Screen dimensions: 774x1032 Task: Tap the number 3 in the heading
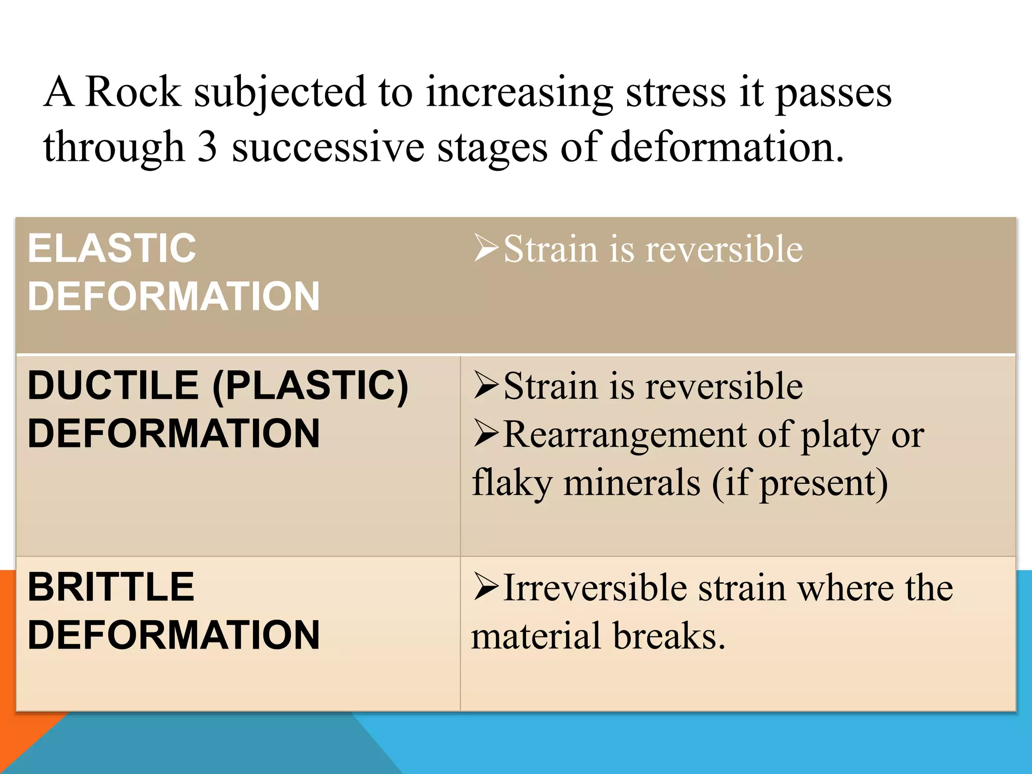tap(207, 147)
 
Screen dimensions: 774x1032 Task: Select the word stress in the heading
tap(676, 93)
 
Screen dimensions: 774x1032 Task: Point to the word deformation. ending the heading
tap(726, 147)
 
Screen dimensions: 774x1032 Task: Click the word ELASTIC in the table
tap(112, 248)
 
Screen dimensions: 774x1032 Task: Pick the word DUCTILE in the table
tap(113, 385)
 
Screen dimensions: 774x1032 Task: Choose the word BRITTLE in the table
tap(111, 587)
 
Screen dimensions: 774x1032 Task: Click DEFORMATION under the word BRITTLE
tap(174, 635)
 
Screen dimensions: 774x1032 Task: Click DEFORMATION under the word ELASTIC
tap(174, 296)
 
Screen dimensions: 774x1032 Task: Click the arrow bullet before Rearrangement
tap(486, 434)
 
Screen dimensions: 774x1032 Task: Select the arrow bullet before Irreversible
tap(486, 587)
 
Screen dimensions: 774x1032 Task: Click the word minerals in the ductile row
tap(632, 483)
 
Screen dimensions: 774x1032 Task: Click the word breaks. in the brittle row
tap(669, 635)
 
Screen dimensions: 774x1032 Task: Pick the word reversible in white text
tap(724, 249)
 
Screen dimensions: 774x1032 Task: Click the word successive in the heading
tap(328, 147)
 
